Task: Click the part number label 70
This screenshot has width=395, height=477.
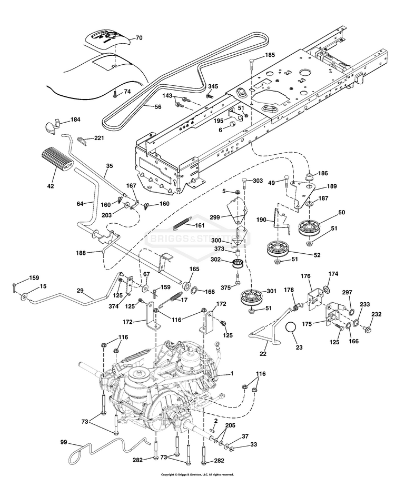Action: click(139, 38)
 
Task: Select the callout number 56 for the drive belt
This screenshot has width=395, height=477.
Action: click(157, 107)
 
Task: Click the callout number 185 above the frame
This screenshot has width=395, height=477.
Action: click(270, 55)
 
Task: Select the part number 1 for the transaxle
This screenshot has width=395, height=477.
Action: click(230, 373)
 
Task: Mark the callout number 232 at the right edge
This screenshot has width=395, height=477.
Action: click(376, 315)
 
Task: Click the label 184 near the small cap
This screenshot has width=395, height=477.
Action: click(76, 120)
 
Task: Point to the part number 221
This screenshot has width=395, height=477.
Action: click(100, 138)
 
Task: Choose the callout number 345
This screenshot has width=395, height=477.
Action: click(213, 86)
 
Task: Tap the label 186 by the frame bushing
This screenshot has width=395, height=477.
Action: click(322, 173)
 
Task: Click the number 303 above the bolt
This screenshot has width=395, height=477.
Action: click(258, 181)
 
